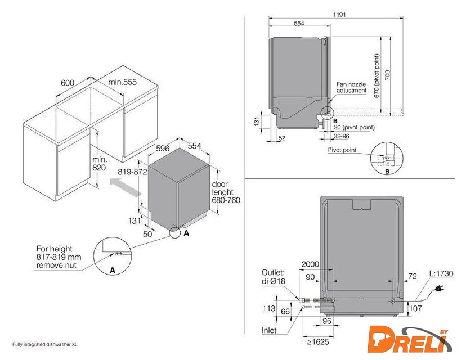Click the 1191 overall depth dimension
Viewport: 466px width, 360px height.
[339, 15]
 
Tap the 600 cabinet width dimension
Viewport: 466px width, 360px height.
[68, 82]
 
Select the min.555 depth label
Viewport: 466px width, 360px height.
[122, 82]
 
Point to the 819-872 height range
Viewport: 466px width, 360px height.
[132, 172]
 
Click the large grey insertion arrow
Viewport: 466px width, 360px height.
[126, 187]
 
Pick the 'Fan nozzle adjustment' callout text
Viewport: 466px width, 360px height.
[351, 87]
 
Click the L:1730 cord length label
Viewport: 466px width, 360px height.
[441, 273]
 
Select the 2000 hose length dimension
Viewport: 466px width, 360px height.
[310, 264]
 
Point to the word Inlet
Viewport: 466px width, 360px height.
[269, 330]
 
